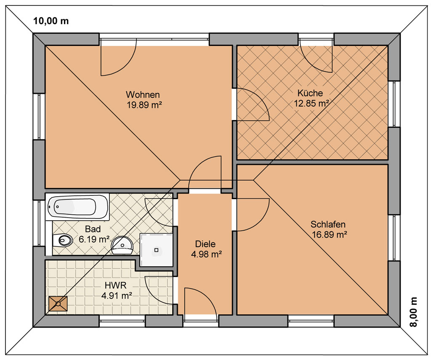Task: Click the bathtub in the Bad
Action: pyautogui.click(x=77, y=207)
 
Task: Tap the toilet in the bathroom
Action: pyautogui.click(x=63, y=241)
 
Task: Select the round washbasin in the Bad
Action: pyautogui.click(x=122, y=245)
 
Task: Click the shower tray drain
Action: pyautogui.click(x=157, y=250)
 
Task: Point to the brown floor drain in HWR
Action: pyautogui.click(x=58, y=304)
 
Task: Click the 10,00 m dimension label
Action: pyautogui.click(x=51, y=21)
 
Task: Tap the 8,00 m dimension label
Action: pyautogui.click(x=413, y=312)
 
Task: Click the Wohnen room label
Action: pyautogui.click(x=143, y=95)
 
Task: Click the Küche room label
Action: pyautogui.click(x=310, y=93)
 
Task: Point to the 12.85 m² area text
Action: pyautogui.click(x=312, y=103)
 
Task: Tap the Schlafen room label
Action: pyautogui.click(x=328, y=224)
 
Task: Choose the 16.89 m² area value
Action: pyautogui.click(x=329, y=235)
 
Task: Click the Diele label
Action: pyautogui.click(x=205, y=244)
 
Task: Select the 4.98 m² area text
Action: pyautogui.click(x=206, y=254)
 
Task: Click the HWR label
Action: pyautogui.click(x=115, y=285)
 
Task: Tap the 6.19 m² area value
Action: pyautogui.click(x=94, y=239)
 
